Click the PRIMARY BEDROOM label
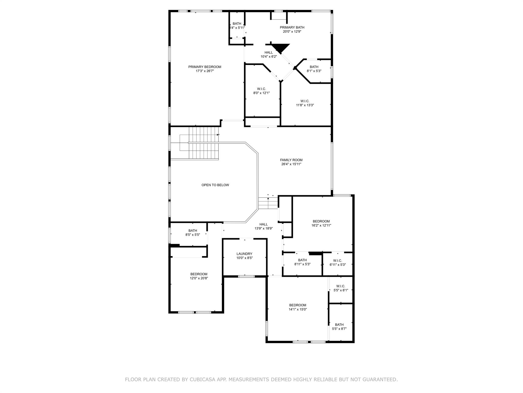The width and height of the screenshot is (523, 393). pos(205,67)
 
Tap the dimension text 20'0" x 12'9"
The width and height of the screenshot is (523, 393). pos(292,32)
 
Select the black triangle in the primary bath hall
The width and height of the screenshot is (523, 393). pos(280,48)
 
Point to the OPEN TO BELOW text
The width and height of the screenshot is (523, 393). pos(215,185)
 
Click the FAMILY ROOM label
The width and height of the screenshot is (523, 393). pos(291,160)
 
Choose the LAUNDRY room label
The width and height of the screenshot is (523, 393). pos(244,254)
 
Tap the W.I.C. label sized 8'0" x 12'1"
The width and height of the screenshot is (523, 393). pos(261,89)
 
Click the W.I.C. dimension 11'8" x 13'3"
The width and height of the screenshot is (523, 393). pos(305,105)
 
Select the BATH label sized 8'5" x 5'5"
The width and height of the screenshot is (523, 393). pos(193,231)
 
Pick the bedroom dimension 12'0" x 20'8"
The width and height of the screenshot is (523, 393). pos(199,278)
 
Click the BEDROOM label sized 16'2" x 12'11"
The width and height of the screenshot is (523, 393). pos(321,221)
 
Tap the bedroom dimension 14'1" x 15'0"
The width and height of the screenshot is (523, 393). pos(298,309)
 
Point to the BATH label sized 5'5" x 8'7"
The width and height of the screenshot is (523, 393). pos(339,325)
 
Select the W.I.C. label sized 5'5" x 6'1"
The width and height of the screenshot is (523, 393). pos(341,286)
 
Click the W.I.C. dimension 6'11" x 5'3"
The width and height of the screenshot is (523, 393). pos(338,265)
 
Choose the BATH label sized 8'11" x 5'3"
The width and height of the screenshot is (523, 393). pos(302,260)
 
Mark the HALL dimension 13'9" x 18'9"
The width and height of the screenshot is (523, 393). pos(264,228)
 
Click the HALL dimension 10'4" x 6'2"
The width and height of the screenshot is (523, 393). pos(269,57)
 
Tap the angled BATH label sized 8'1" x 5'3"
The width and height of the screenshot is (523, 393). pos(314,67)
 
